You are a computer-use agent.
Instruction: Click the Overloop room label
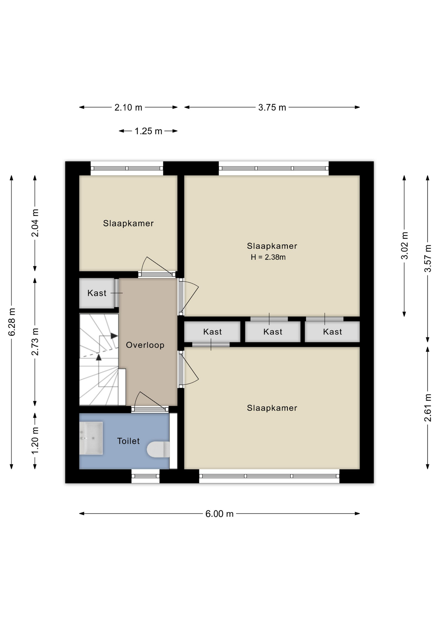(145, 345)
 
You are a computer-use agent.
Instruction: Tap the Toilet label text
(128, 441)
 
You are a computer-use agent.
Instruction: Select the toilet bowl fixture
(158, 450)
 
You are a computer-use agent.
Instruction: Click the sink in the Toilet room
(91, 438)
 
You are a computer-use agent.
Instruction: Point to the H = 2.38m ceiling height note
(268, 257)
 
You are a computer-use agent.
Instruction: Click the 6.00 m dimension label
(219, 514)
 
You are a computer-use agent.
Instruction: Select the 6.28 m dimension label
(12, 322)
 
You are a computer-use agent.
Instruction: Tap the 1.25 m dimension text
(148, 131)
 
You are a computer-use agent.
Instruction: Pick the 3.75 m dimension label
(272, 108)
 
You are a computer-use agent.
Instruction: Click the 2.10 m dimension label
(128, 108)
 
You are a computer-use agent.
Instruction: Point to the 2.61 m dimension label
(428, 408)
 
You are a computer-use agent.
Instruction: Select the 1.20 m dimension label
(35, 440)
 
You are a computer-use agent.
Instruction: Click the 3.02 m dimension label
(404, 245)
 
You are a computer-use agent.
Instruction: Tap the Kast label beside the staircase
(97, 293)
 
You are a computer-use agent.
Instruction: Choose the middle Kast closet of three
(273, 332)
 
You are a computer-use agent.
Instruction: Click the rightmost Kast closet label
(333, 332)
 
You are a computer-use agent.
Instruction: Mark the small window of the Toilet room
(145, 476)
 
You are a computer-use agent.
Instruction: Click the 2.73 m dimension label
(35, 342)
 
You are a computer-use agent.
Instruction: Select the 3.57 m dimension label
(428, 258)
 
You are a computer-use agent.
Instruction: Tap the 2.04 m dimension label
(35, 223)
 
